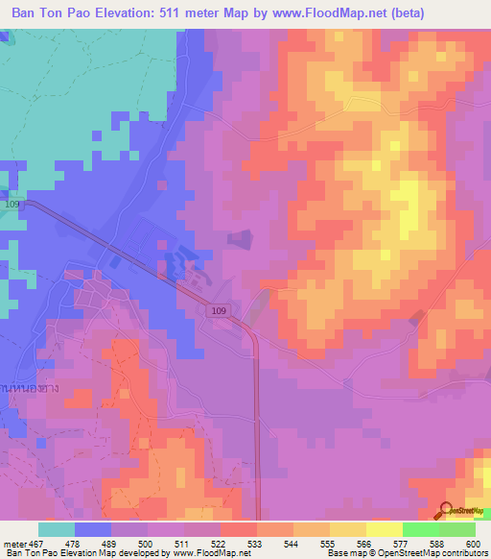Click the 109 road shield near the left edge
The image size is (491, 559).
pyautogui.click(x=12, y=205)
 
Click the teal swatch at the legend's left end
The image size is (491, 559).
pyautogui.click(x=56, y=529)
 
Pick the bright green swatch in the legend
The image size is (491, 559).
pyautogui.click(x=420, y=529)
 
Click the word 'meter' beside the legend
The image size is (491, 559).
pyautogui.click(x=16, y=543)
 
